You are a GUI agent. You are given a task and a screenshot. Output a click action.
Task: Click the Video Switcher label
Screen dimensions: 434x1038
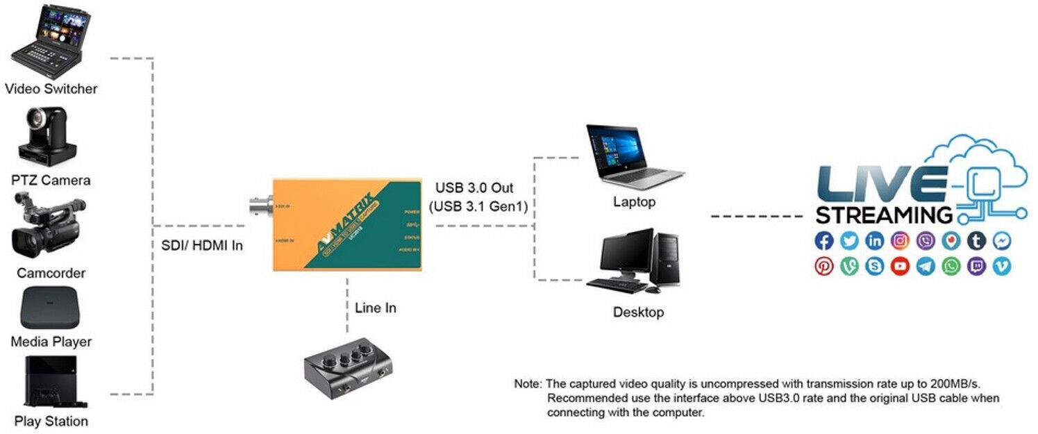click(x=51, y=89)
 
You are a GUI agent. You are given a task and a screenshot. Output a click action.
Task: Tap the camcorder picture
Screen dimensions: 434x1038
click(x=47, y=225)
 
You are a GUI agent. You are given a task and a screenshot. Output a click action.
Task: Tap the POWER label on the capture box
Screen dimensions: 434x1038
click(x=412, y=211)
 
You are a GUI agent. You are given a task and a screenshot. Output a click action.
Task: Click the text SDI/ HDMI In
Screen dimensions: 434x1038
click(x=199, y=245)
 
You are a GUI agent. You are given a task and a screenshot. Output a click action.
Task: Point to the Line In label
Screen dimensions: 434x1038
click(x=375, y=308)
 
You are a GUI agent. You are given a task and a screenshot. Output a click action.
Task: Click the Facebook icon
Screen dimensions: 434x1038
click(x=824, y=241)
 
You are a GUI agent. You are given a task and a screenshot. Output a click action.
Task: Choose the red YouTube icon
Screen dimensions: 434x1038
click(x=901, y=266)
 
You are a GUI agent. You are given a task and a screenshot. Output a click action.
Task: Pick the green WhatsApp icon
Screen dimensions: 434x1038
click(x=951, y=266)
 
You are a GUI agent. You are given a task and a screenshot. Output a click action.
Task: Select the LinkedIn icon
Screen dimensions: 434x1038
click(x=875, y=241)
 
